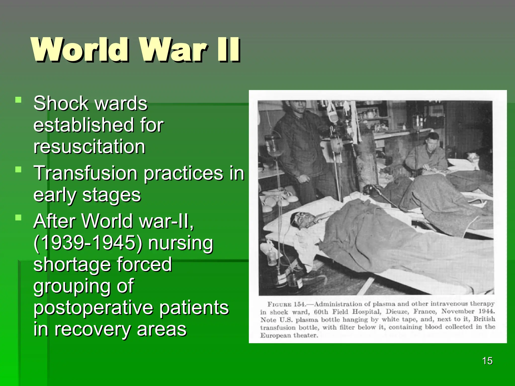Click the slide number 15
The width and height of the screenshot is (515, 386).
[x=487, y=361]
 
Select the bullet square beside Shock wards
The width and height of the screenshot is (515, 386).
[x=18, y=100]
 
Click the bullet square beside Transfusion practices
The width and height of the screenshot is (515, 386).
[x=18, y=170]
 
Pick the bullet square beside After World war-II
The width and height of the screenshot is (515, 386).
[x=18, y=217]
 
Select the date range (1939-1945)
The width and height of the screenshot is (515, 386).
[x=88, y=243]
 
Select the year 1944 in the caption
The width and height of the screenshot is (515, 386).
[x=486, y=311]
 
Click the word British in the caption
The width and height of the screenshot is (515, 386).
[x=484, y=319]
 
